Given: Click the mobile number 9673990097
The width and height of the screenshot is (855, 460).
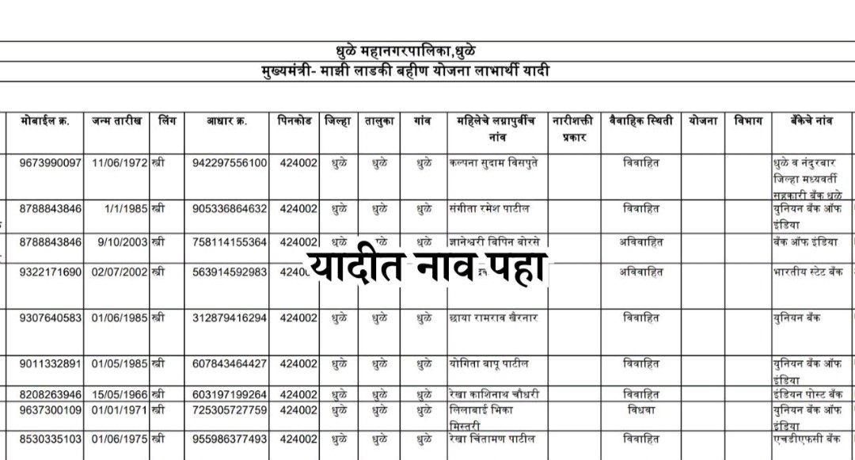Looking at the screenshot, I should point(44,163).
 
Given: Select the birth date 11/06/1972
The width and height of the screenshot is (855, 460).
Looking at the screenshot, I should point(120,163).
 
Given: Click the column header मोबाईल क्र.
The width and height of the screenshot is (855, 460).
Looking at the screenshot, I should point(44,122).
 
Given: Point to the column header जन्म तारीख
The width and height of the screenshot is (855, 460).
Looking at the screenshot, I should point(116,122).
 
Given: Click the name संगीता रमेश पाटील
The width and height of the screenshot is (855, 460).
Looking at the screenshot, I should point(488,209).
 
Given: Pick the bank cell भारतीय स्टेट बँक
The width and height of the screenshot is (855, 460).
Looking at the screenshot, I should point(808,272).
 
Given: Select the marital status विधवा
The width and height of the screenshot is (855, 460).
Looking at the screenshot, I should point(640,410).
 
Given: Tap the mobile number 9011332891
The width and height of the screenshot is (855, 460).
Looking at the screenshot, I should point(44,364).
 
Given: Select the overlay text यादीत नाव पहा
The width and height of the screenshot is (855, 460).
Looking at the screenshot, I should point(427,272).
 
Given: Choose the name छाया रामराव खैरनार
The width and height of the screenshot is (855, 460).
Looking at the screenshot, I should point(492,318).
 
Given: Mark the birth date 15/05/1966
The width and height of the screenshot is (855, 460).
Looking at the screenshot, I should point(120,394).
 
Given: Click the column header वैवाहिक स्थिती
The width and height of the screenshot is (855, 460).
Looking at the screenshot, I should point(640,122).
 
